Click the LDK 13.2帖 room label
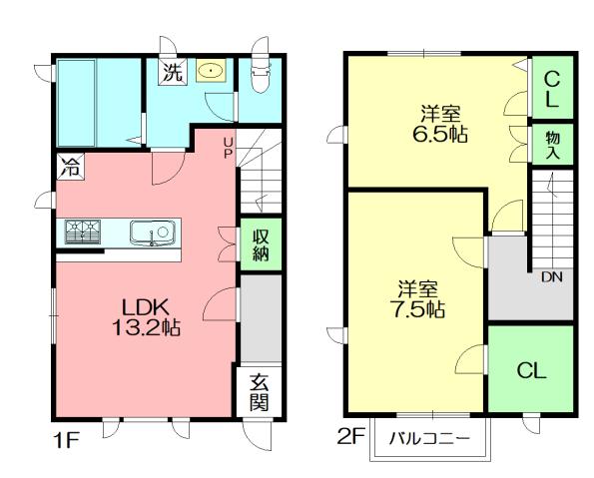[x=145, y=315]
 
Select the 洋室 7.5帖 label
[x=416, y=297]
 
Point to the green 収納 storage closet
[x=260, y=244]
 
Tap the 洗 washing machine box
[x=173, y=72]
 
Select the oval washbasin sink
[x=211, y=71]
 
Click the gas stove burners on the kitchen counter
[x=84, y=232]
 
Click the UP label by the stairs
[x=228, y=149]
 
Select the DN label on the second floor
[x=551, y=277]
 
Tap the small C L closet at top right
[x=552, y=88]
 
